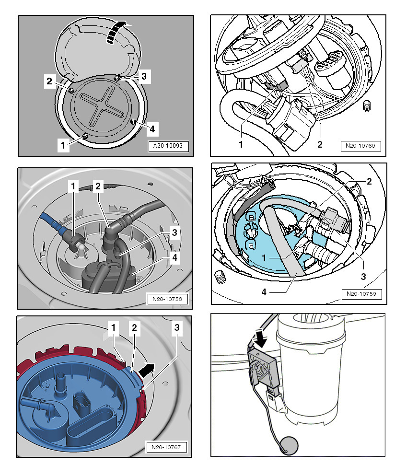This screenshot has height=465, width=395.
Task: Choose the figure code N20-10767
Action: pos(166,448)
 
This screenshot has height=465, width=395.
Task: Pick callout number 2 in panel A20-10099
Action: pos(49,81)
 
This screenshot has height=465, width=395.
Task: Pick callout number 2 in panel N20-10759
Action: pos(369,182)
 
